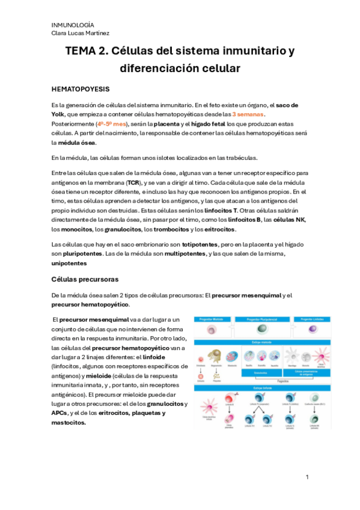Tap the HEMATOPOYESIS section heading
(x=81, y=89)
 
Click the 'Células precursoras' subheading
(x=84, y=279)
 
